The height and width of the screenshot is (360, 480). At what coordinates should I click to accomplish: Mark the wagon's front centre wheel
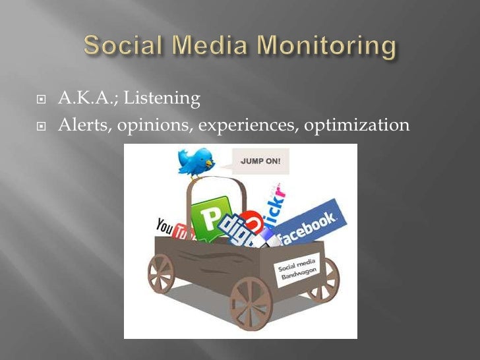[x=250, y=303]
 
